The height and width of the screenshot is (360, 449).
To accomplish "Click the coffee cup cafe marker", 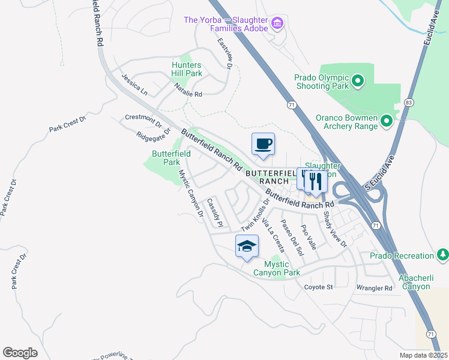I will coord(263,144).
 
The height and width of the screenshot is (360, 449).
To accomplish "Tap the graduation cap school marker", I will coord(247,246).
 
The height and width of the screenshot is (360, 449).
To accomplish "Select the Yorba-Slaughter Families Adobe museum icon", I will coord(277,23).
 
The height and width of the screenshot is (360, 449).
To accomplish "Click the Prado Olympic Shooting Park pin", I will coord(358,80).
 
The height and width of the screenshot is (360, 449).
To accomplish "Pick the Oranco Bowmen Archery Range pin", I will coord(386,122).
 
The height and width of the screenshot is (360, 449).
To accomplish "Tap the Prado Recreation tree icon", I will coord(443,255).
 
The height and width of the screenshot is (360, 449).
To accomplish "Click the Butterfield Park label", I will coord(166,158).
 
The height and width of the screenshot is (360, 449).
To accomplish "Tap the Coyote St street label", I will coord(318,287).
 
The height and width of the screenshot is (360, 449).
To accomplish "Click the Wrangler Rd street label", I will coord(374,288).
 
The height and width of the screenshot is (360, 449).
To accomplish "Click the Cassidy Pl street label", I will coord(215,213).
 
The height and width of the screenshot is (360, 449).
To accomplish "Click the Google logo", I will coord(20,352).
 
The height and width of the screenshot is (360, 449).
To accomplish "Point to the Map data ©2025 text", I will coord(423,355).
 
